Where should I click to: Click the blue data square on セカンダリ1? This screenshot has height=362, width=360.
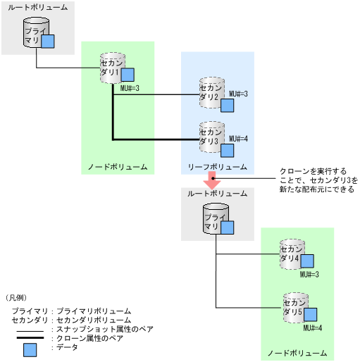point(128,75)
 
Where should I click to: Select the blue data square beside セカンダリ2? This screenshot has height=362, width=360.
point(228,106)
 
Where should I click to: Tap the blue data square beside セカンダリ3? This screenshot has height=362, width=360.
point(228,149)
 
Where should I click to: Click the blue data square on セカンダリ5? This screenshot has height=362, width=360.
point(310,315)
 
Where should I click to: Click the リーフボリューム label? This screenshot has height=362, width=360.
point(216,168)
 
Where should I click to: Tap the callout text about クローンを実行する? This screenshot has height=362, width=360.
point(314,180)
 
